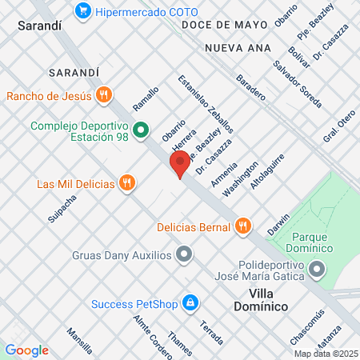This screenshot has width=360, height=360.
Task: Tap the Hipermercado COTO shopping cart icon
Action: click(82, 12)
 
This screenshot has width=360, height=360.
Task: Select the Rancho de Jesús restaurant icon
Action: click(103, 96)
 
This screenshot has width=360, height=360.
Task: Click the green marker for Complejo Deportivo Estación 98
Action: click(142, 127)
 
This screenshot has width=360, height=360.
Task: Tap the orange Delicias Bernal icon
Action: click(243, 226)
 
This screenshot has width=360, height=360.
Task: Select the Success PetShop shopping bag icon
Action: click(190, 303)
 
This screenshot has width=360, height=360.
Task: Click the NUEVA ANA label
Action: click(233, 49)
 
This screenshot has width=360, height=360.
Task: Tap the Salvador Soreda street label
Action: click(297, 85)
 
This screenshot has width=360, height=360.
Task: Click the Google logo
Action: click(27, 350)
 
